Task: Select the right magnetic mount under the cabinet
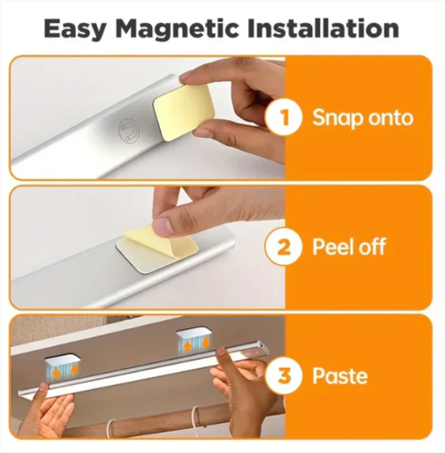194,339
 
